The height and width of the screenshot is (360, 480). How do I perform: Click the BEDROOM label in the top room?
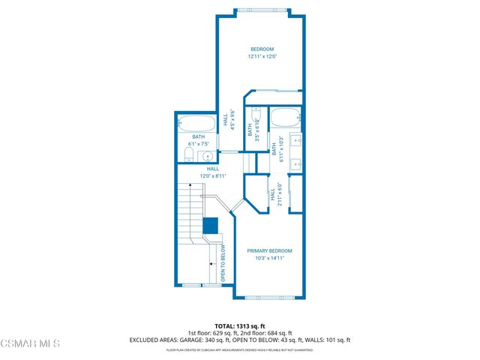262,49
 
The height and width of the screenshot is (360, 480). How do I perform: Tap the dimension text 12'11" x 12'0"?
262,56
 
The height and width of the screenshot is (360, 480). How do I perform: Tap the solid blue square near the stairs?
210,225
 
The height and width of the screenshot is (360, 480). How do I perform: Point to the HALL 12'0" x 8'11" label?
213,172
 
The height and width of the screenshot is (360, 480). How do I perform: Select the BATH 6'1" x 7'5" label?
199,140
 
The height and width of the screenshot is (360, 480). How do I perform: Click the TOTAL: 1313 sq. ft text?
239,325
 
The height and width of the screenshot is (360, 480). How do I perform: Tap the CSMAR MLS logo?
30,343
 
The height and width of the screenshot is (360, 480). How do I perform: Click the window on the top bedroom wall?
262,13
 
